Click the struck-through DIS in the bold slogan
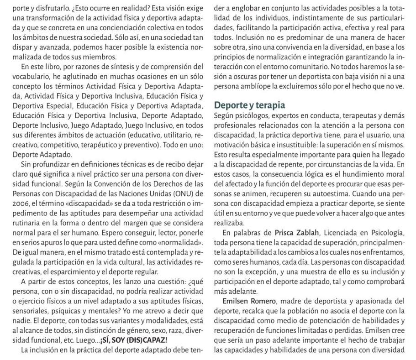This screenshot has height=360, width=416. click(x=132, y=340)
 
